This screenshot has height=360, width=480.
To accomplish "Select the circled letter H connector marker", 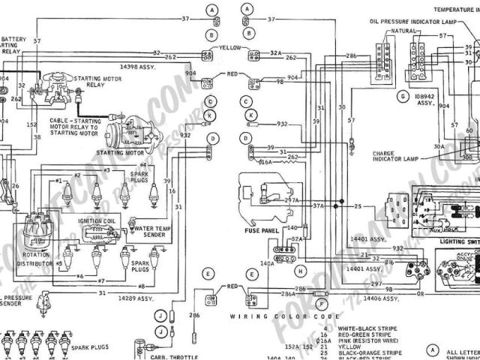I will coord(300,270).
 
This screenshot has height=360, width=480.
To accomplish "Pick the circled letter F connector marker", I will coord(321,304).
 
